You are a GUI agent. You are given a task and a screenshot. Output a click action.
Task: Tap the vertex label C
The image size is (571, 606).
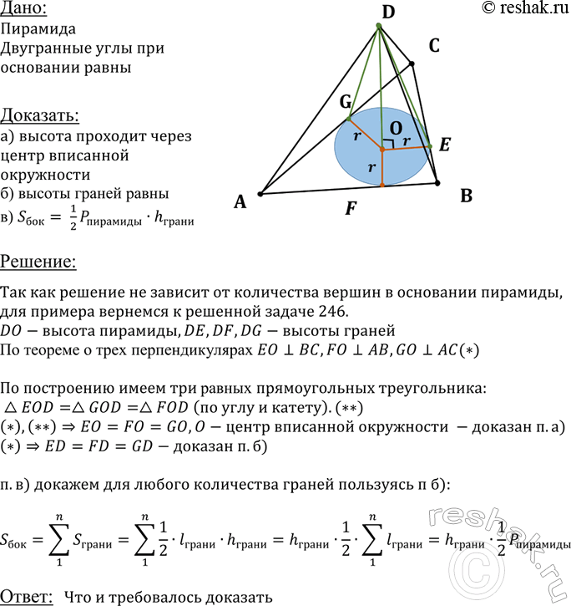[x=433, y=47]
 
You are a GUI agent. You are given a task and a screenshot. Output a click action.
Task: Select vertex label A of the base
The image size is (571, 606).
[x=240, y=201]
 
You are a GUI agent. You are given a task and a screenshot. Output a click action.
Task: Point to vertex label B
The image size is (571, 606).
[x=466, y=196]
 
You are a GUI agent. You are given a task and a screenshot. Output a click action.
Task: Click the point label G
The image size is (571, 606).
[x=345, y=102]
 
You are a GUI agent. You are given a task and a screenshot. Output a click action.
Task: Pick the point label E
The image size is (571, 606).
[x=445, y=145]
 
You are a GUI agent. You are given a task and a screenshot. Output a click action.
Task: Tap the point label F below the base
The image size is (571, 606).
[x=351, y=209]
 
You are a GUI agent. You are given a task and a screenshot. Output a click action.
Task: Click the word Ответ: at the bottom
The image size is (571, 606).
[x=28, y=596]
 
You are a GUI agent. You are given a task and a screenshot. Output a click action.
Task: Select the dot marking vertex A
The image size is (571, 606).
[x=260, y=194]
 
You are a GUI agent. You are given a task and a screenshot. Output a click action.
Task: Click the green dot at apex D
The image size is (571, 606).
[x=378, y=27]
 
